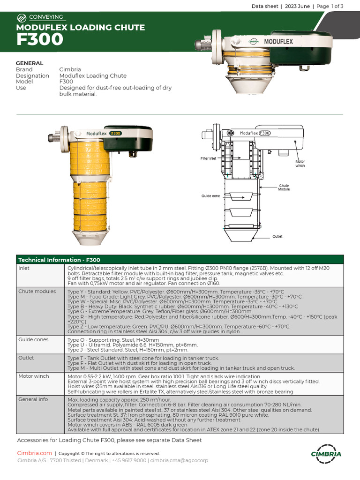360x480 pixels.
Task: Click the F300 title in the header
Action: tap(40, 40)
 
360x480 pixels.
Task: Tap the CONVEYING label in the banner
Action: tap(46, 17)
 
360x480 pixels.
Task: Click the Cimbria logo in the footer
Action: tap(326, 454)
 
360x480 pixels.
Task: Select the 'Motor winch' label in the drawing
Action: tap(300, 164)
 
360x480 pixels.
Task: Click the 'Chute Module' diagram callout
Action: tap(284, 187)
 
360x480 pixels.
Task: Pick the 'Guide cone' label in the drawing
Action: tap(210, 196)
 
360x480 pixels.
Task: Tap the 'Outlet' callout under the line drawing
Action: tap(277, 237)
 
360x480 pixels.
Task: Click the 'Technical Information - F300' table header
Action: tap(59, 260)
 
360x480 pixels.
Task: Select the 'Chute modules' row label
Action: tap(37, 292)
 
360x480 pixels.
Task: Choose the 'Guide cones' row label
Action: tap(33, 339)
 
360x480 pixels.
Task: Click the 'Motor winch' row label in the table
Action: tap(34, 376)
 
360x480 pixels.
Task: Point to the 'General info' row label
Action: tap(33, 399)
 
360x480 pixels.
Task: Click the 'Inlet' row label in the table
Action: tap(24, 268)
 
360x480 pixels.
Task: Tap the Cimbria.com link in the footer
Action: tap(34, 453)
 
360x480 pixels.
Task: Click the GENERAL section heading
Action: tap(30, 63)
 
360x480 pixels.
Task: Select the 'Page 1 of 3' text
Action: tap(330, 6)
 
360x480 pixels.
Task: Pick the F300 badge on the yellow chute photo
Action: tap(115, 133)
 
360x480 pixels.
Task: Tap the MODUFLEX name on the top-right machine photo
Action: tap(278, 41)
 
